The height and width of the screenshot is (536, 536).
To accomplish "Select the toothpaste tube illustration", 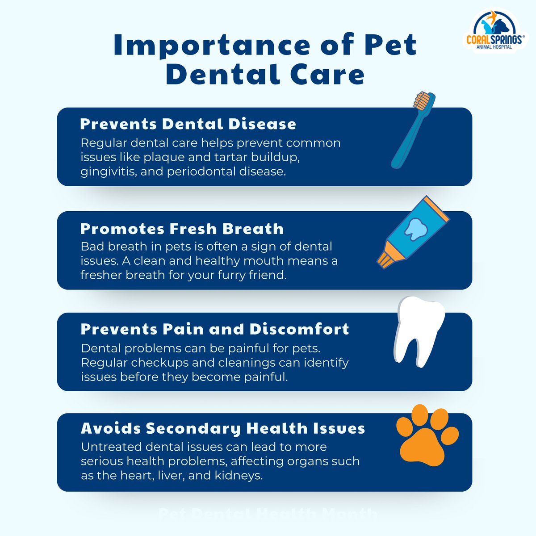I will tap(413, 233).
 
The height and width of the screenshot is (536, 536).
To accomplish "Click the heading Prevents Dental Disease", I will tap(188, 124).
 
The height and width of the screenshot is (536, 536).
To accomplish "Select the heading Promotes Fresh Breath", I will tap(182, 229).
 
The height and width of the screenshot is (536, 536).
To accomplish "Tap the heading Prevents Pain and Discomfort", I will tap(215, 329).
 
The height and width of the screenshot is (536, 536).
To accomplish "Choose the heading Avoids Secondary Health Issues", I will tap(223, 428).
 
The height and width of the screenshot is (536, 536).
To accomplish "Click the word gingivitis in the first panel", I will tap(108, 172).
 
